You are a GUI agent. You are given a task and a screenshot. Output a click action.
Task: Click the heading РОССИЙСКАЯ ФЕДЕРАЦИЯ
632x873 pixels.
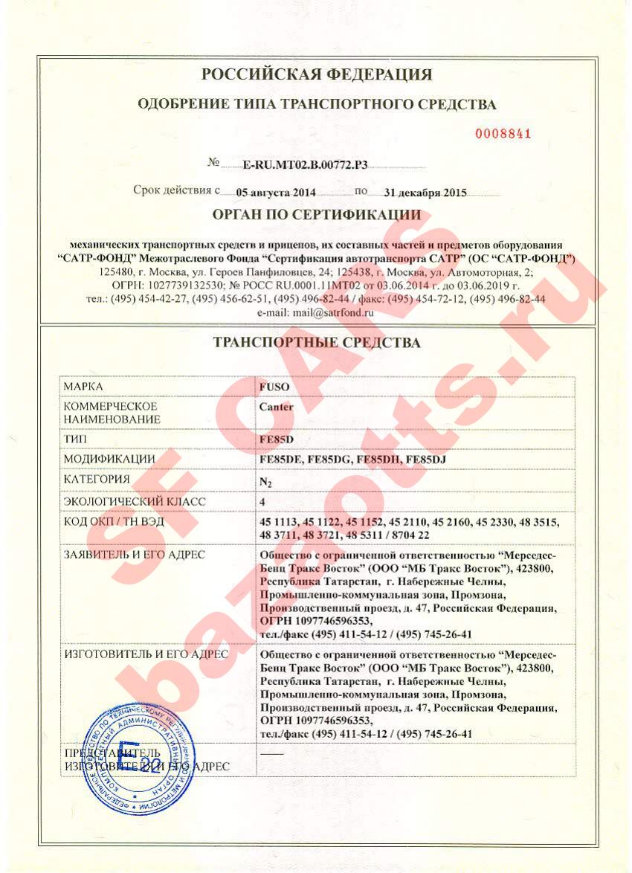tap(317, 74)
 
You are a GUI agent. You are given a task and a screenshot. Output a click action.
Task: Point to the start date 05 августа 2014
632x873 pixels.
tap(276, 192)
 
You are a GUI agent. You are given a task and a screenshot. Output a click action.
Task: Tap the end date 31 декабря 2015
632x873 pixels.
tap(425, 192)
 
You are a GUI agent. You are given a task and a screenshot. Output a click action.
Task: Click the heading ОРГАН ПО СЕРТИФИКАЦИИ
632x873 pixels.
tap(317, 216)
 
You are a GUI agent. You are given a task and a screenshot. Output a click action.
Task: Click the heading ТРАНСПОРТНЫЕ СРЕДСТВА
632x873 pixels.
tap(317, 343)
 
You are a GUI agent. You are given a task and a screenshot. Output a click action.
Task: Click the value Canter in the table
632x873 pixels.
tap(276, 407)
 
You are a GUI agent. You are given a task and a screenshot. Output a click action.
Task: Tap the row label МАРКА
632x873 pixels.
tap(83, 387)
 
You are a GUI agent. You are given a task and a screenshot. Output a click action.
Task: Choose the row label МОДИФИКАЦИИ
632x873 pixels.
tap(109, 460)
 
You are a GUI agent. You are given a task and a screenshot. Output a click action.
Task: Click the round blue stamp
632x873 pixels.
tap(140, 758)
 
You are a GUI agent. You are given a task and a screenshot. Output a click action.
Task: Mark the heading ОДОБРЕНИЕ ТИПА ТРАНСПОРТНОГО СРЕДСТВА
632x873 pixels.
tap(317, 104)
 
